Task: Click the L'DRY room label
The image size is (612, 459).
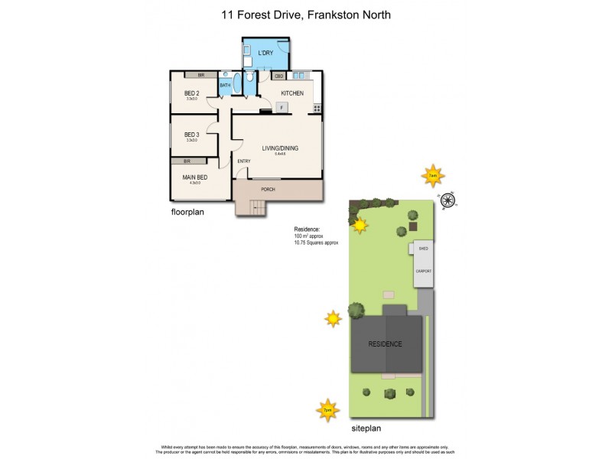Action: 265,53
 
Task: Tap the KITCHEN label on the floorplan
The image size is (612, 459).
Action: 292,93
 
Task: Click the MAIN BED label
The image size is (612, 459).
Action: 194,177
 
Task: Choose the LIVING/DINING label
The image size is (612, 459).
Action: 280,148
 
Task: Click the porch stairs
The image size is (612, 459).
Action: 255,207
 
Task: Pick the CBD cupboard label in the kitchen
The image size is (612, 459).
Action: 279,76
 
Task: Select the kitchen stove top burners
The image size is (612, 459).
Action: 316,108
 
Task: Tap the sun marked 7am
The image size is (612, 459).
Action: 433,175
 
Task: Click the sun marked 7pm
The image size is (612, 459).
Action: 327,411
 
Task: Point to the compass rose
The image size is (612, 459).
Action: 449,200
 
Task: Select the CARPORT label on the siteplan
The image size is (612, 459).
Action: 423,272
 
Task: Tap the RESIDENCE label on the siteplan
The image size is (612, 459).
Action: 386,344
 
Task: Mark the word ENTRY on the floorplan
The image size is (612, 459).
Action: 244,161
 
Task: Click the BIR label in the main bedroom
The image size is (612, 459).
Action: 187,161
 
